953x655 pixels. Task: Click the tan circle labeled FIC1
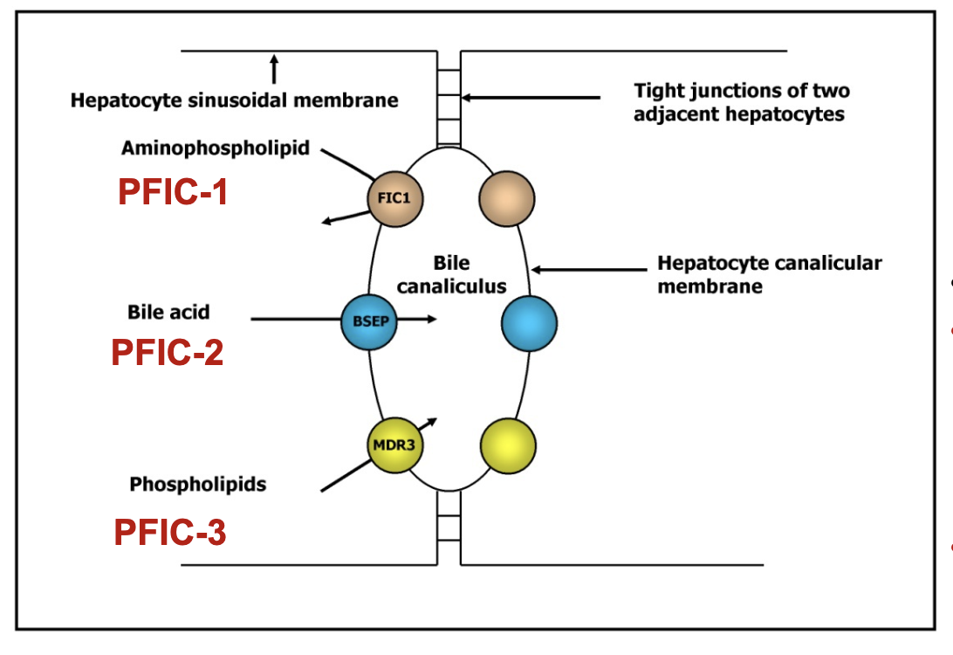[x=394, y=198]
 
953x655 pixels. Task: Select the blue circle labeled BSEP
[x=370, y=321]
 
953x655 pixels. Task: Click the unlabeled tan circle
[x=506, y=198]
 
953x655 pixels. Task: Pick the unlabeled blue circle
[x=530, y=323]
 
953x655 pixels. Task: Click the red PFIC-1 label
[x=173, y=192]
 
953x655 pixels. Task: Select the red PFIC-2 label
[x=167, y=352]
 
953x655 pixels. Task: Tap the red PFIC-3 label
[x=170, y=532]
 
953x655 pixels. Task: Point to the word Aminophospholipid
[x=215, y=148]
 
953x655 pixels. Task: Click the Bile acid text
[x=168, y=312]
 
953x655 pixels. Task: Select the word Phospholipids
[x=198, y=483]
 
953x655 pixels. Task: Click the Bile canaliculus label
[x=451, y=274]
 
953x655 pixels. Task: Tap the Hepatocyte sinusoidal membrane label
[x=234, y=100]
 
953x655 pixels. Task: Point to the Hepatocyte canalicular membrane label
[x=769, y=274]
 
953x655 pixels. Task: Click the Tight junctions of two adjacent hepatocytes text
[x=741, y=102]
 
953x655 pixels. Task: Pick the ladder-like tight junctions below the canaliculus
[x=449, y=527]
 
